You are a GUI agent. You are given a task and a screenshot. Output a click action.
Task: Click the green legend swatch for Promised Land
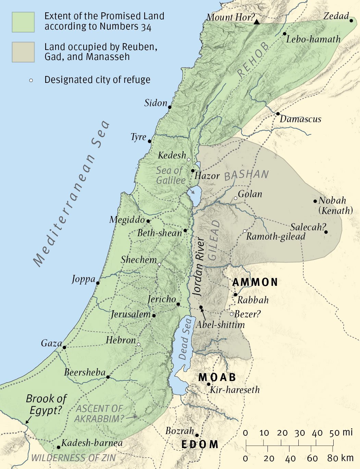point(23,22)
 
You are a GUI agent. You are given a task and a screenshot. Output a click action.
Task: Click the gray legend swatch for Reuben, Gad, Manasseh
point(23,52)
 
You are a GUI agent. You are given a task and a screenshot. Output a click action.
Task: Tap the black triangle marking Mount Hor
point(257,22)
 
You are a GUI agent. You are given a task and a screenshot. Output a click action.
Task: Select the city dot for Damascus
point(278,114)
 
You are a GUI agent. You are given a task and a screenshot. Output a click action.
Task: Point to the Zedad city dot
point(351,21)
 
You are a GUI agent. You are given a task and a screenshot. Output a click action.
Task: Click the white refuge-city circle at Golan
point(235,198)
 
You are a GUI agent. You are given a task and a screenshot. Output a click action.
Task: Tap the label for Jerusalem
point(131,314)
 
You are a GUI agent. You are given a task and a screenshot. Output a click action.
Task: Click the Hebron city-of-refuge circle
point(138,344)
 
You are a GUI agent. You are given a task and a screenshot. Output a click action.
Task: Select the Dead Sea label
point(185,339)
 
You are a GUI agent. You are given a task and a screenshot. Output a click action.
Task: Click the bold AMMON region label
point(255,282)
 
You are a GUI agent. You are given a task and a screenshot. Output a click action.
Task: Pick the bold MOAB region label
point(217,377)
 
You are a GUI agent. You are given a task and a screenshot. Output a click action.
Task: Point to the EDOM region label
point(200,444)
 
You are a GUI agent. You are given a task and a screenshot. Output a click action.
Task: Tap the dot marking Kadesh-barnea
point(59,447)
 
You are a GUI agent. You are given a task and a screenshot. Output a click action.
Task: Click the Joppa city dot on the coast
point(98,283)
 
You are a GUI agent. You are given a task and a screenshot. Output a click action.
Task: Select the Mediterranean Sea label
point(72,193)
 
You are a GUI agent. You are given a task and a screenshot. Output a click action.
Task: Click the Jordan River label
point(198,266)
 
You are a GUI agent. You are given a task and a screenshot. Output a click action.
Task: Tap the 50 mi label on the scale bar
point(341,433)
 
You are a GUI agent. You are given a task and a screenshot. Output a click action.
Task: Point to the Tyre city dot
point(149,141)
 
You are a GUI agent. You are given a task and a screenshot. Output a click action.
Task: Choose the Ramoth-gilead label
point(276,237)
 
